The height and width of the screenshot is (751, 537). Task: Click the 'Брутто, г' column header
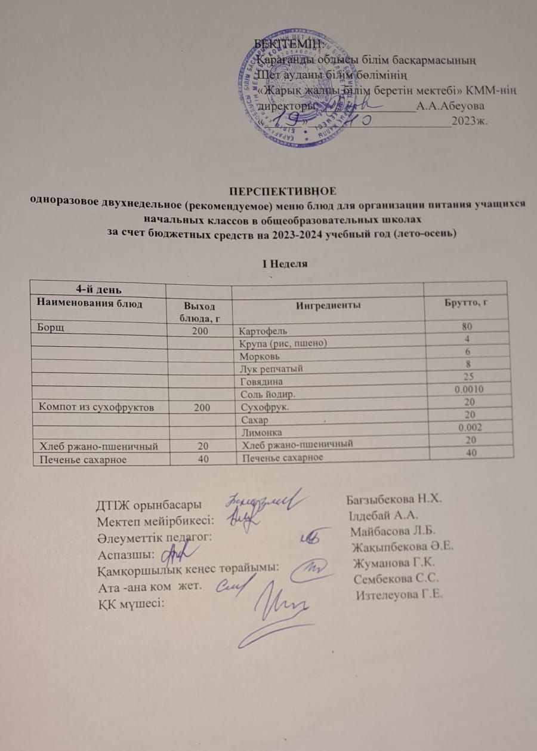[465, 303]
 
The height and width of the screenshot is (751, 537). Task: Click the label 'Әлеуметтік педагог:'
[155, 538]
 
